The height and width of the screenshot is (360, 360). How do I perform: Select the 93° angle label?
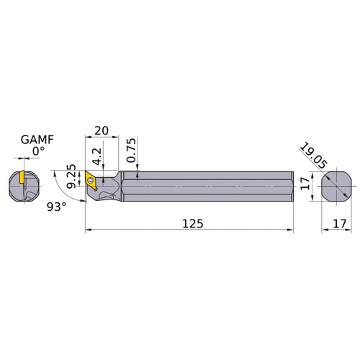[57, 207]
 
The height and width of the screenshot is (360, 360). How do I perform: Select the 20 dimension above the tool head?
[101, 130]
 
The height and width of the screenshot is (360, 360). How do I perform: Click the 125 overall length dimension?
[192, 223]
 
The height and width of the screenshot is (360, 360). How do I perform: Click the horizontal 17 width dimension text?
[333, 224]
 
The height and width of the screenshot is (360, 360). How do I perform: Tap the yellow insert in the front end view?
[22, 176]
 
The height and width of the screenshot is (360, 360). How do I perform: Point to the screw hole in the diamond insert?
[91, 177]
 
